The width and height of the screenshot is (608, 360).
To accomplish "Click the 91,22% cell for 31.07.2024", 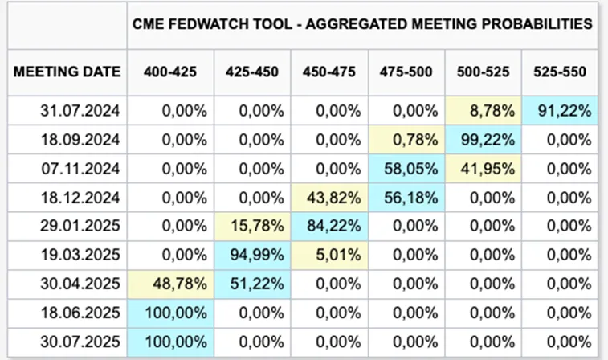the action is point(560,111).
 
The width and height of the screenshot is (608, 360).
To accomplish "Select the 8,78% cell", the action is point(484,111).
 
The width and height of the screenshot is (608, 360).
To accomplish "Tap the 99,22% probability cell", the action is point(484,140).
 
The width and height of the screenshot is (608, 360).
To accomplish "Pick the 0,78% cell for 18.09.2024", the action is point(406,140).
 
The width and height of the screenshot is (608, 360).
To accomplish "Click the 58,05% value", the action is point(406,169).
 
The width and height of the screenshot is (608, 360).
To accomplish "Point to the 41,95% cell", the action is point(484,169).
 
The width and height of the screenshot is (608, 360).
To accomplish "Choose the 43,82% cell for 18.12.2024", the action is point(329,198).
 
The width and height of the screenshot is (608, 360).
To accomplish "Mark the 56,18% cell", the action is point(406,198).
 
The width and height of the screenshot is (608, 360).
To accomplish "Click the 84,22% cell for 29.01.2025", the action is point(329,226).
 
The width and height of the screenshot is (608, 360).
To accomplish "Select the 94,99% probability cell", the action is point(252,256).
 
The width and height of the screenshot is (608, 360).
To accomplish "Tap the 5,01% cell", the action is point(329,256).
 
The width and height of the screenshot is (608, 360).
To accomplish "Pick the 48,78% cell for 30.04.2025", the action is point(170,284).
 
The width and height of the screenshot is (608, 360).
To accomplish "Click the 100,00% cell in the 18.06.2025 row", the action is point(170,313).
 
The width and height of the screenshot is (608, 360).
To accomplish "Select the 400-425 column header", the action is point(170,72).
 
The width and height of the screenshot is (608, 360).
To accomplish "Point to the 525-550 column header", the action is point(560,72).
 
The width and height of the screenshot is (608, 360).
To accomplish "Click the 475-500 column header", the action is point(406,72).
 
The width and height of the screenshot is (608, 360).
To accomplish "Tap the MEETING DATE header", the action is point(67,72).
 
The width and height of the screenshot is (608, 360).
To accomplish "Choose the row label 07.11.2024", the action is point(80,169).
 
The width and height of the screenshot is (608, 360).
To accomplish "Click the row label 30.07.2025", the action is point(80,342).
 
